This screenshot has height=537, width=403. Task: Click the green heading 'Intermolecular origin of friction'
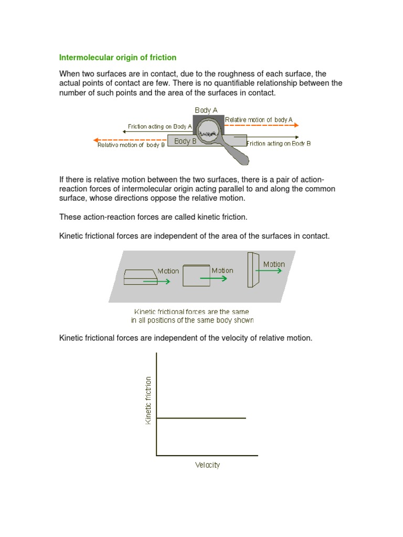pos(118,57)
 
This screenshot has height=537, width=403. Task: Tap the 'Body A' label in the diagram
pos(206,110)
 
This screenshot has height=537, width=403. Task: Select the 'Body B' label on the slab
pos(185,141)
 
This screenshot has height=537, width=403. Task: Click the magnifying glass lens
pos(209,132)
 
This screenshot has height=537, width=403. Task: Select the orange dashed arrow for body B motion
pos(130,140)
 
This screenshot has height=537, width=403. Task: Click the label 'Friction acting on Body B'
pos(279,144)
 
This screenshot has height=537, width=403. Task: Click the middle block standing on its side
pos(196,276)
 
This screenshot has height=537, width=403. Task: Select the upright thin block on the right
pos(253,270)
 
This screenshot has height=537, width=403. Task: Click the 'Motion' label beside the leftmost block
pos(168,271)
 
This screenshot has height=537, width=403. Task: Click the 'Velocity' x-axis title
pos(207,465)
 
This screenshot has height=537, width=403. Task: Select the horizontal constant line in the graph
pos(201,418)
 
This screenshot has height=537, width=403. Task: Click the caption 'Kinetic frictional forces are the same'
pos(192,312)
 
